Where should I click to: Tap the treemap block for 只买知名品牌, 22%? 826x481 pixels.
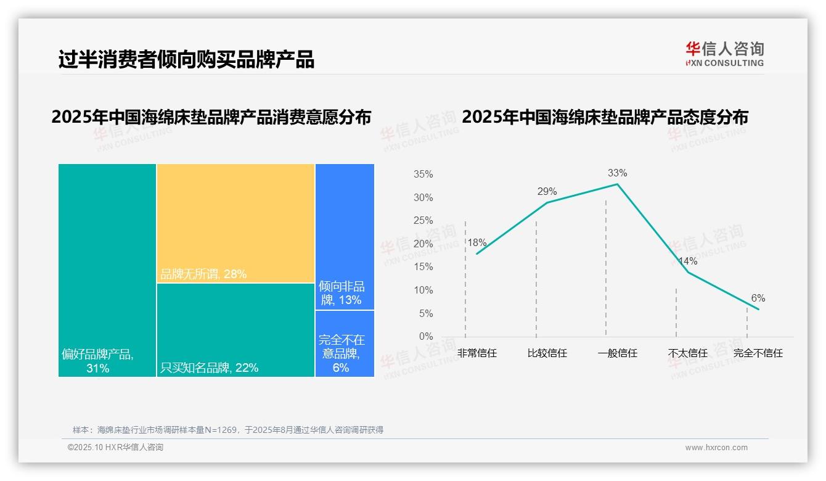[235, 329]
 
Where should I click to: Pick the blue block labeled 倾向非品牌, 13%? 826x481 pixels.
[345, 236]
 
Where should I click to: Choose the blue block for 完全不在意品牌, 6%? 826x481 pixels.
[345, 343]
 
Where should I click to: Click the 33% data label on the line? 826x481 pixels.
[618, 173]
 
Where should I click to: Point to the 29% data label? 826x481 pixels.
[547, 191]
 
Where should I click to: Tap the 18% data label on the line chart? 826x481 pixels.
[477, 243]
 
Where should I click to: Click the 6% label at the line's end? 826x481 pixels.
[758, 298]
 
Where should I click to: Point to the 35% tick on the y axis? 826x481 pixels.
[423, 175]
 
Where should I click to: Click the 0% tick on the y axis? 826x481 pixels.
[426, 337]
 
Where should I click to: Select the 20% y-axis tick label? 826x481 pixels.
[423, 244]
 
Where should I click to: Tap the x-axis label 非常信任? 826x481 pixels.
[477, 353]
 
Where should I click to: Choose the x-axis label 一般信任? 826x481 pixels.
[617, 353]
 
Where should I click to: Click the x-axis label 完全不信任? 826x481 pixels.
[758, 353]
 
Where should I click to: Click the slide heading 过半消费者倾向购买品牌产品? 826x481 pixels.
[186, 60]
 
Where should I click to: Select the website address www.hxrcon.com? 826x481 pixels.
[716, 448]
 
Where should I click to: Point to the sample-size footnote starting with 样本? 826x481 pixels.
[228, 430]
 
